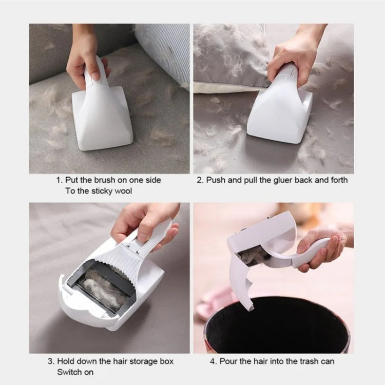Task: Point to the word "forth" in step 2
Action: (339, 180)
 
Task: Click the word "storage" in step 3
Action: (143, 362)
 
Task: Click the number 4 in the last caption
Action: (213, 361)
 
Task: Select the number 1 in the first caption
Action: (59, 180)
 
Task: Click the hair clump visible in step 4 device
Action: (254, 257)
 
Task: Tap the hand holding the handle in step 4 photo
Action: (322, 248)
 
